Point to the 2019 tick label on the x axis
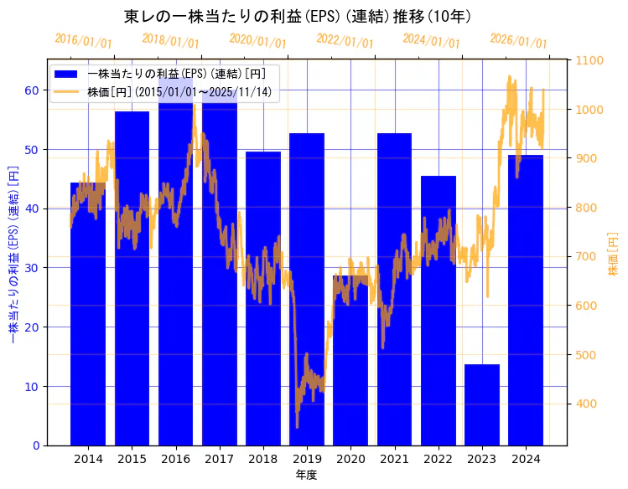click(307, 459)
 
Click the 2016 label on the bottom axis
click(175, 459)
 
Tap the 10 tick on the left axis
click(31, 387)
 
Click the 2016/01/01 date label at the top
click(83, 42)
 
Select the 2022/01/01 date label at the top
click(345, 41)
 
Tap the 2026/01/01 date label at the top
click(518, 41)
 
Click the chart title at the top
click(298, 16)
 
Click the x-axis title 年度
click(307, 475)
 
